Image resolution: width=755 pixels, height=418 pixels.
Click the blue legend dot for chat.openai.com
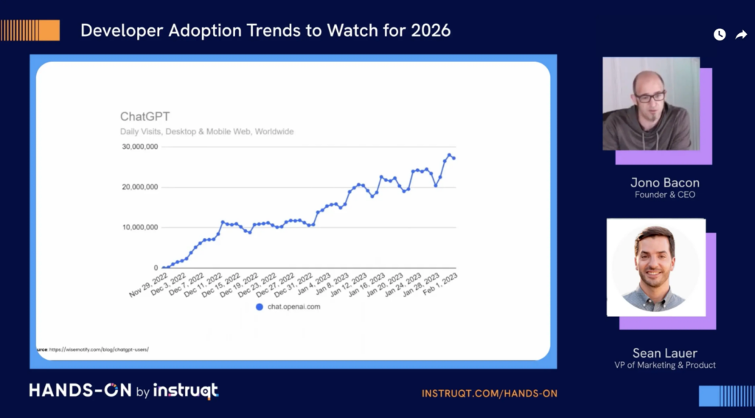(x=259, y=306)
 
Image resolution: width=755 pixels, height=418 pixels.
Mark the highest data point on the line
(x=449, y=155)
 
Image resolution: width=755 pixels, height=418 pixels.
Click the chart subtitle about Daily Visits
(x=206, y=131)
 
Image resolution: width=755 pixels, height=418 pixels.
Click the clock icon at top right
(x=719, y=35)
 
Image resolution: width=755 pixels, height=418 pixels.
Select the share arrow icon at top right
(x=741, y=35)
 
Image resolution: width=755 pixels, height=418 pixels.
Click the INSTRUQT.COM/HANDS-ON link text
(x=489, y=394)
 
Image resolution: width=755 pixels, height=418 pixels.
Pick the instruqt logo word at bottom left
(x=185, y=391)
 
